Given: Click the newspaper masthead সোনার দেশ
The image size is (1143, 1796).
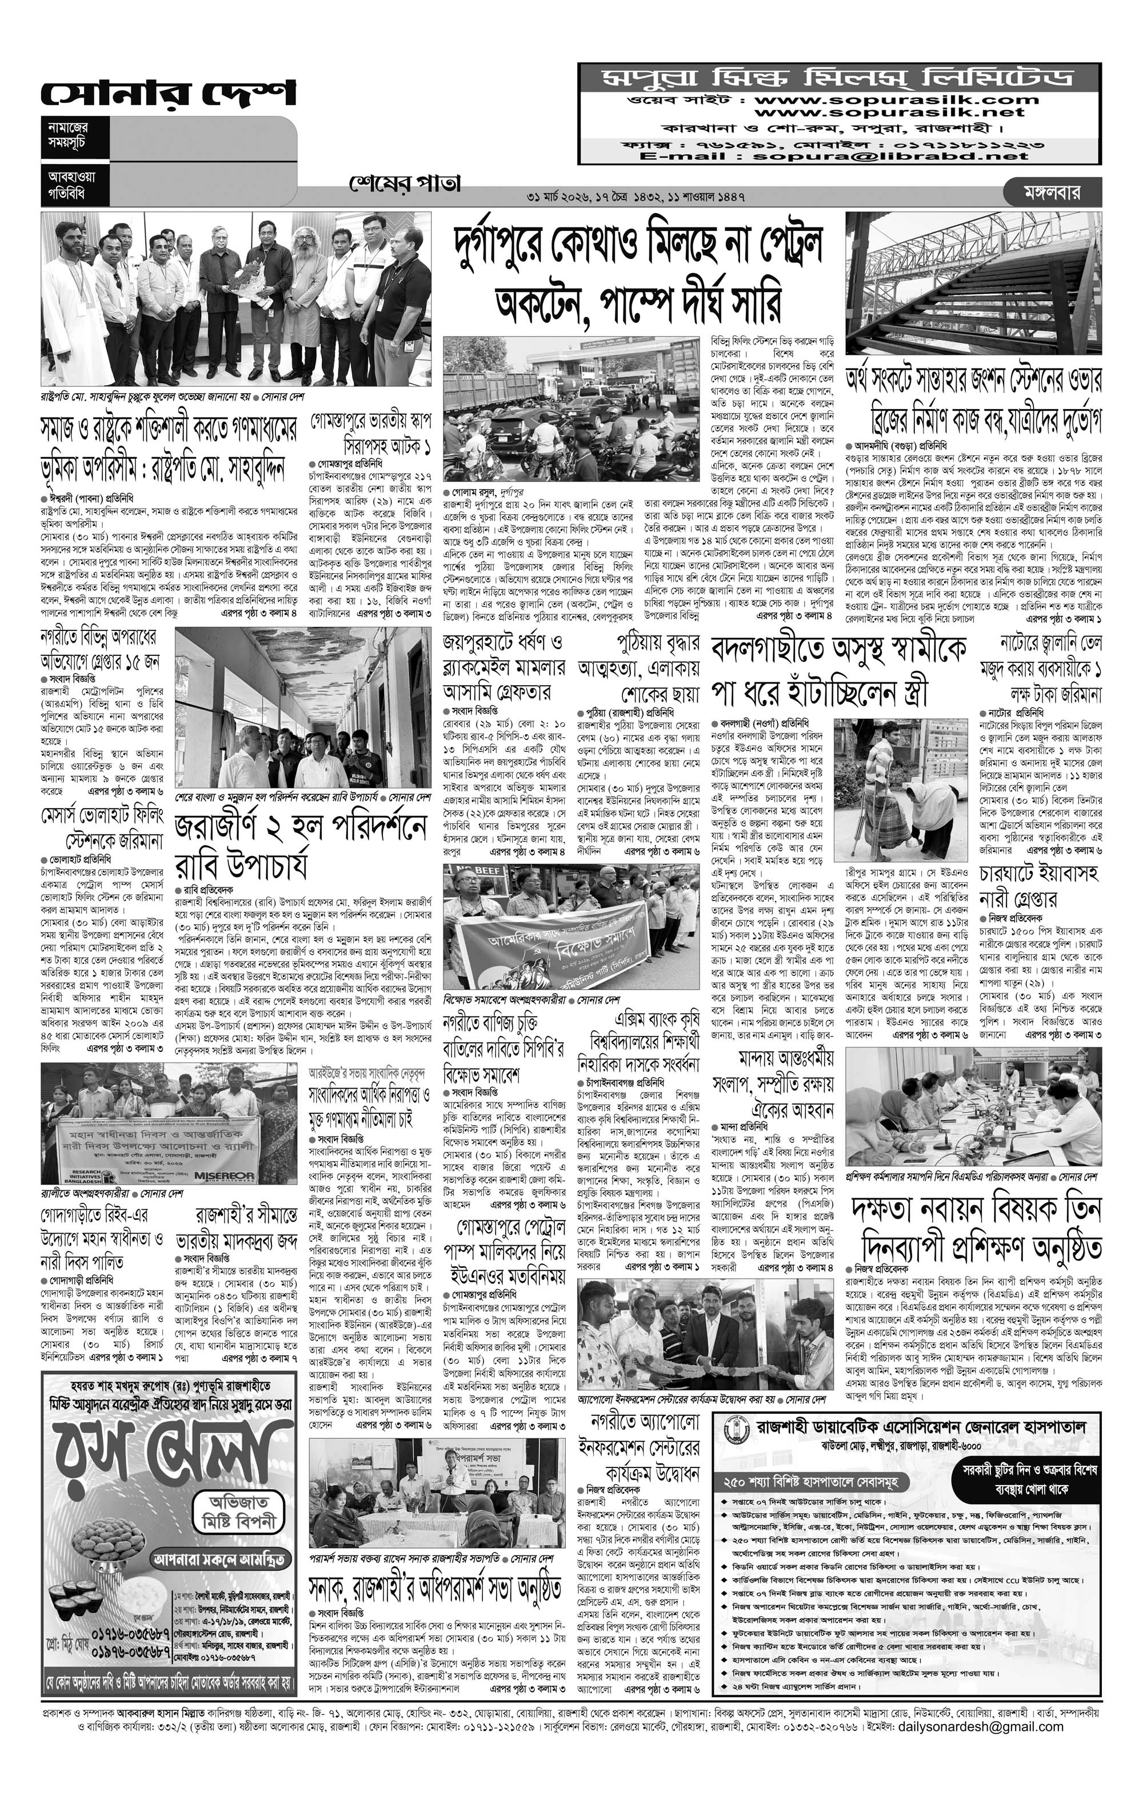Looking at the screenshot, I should tap(168, 95).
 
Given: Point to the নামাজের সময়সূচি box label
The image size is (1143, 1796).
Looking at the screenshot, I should tap(67, 134).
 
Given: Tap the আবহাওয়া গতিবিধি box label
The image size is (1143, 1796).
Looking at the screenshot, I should tap(67, 184).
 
